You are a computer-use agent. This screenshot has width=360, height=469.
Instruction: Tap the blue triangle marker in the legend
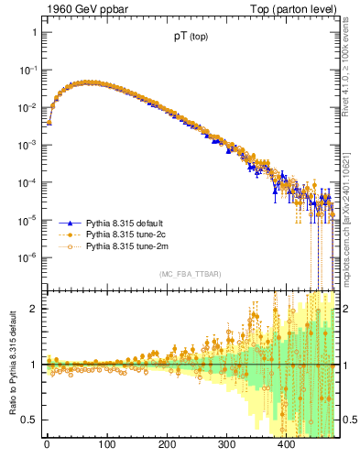click(x=66, y=223)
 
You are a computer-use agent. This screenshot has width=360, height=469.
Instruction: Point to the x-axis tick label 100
click(x=106, y=444)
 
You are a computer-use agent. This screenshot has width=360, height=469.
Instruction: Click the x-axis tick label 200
click(x=167, y=444)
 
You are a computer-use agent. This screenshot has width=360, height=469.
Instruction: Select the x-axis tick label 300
click(x=226, y=444)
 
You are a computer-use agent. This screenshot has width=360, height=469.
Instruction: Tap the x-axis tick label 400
click(x=287, y=444)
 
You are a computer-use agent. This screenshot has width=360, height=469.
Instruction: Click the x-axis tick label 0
click(x=47, y=444)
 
